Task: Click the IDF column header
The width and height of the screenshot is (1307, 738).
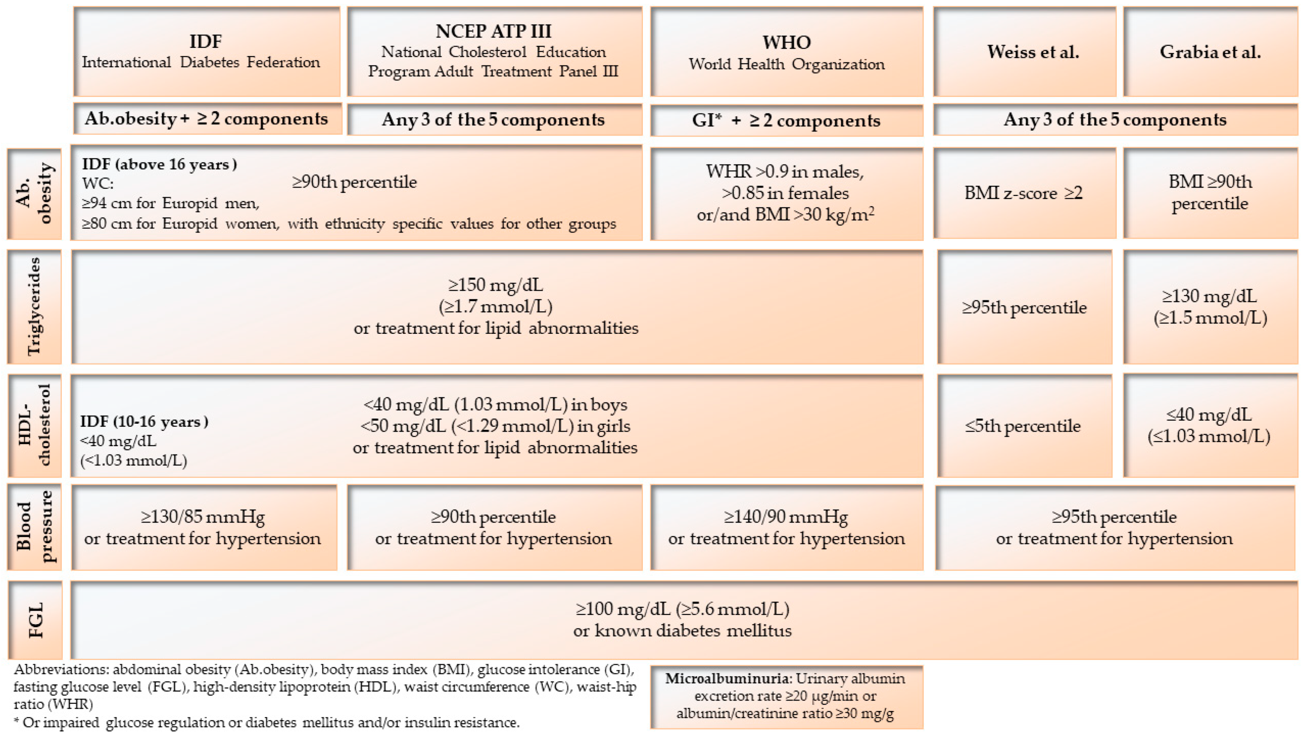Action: coord(206,51)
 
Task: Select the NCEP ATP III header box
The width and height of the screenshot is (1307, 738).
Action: coord(494,51)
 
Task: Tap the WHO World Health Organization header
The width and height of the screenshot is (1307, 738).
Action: coord(786,51)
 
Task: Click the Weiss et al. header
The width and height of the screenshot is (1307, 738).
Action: coord(1025,51)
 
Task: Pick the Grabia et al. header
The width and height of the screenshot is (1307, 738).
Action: coord(1210,51)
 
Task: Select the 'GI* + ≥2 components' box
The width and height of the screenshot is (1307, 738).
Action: coord(786,120)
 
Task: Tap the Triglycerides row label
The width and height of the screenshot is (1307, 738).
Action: coord(34,306)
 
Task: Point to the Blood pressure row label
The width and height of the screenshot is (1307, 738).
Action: coord(34,526)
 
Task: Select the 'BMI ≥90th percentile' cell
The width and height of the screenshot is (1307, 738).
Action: coord(1210,193)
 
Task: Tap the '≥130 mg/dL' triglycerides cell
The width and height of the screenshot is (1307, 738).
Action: coord(1210,306)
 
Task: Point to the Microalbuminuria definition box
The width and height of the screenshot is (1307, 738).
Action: coord(786,696)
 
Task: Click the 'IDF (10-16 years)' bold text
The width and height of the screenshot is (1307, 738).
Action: coord(144,421)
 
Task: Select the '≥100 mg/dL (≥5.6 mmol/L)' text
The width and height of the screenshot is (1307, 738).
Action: coord(683,609)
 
